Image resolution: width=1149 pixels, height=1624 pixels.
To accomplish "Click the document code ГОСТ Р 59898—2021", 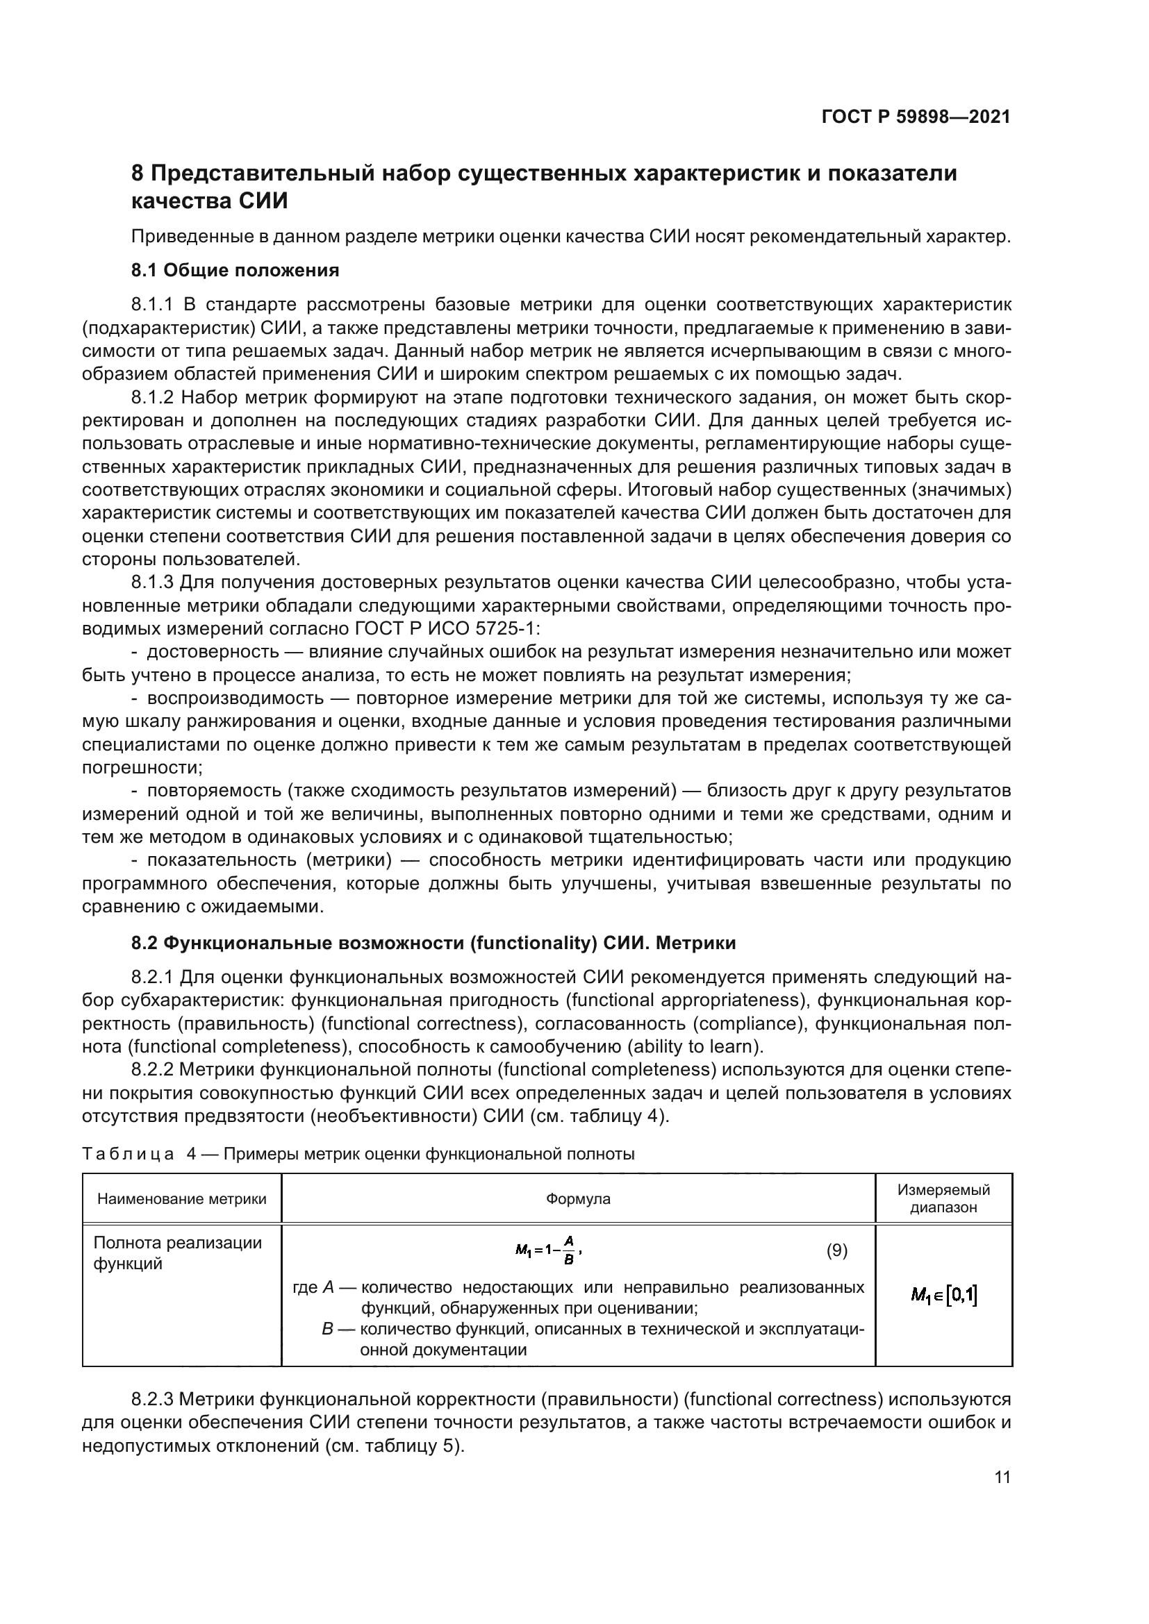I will tap(916, 117).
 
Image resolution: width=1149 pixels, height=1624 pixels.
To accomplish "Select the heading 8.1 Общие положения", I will tap(235, 270).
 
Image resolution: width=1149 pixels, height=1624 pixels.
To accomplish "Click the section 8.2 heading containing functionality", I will tap(433, 943).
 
